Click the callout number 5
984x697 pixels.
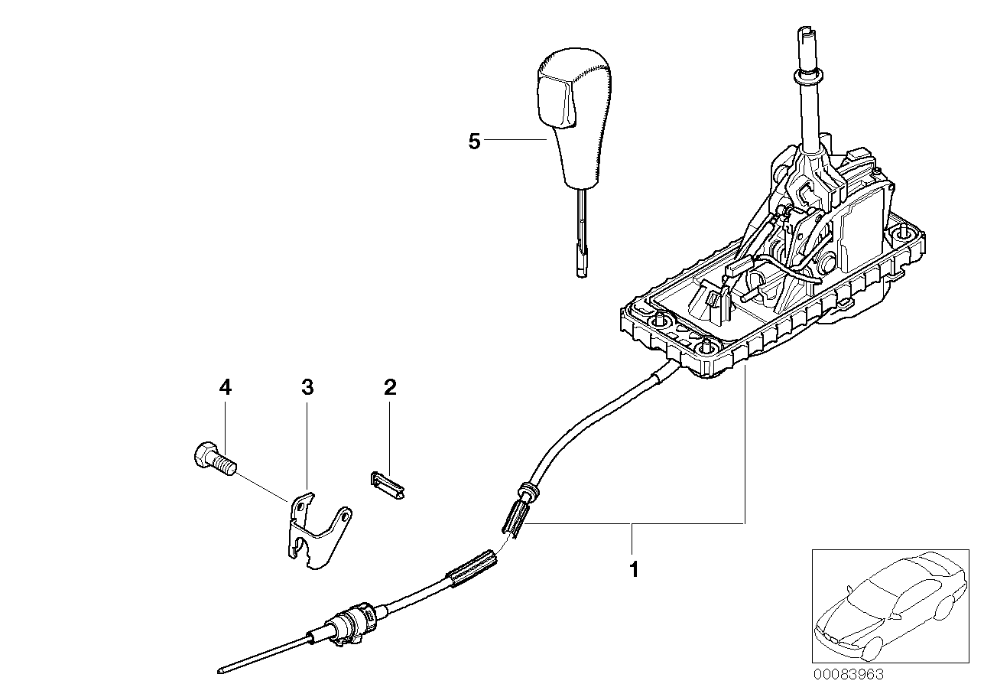click(474, 142)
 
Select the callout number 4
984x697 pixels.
click(225, 389)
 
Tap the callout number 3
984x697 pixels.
click(307, 389)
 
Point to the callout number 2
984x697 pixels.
click(390, 389)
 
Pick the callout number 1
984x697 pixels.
click(632, 569)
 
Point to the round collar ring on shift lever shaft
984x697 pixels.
click(808, 77)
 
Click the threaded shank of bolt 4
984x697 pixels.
click(226, 464)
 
